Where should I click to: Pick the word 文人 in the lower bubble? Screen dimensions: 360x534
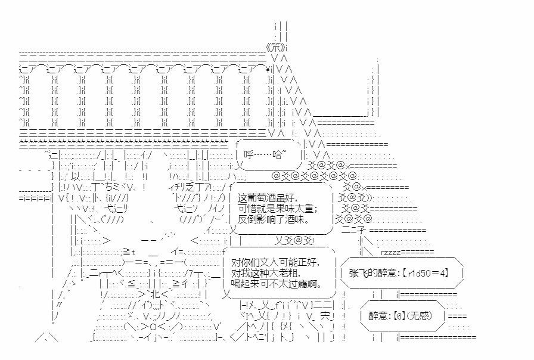(x=265, y=262)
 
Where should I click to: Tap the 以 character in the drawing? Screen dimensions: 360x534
(x=75, y=176)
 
